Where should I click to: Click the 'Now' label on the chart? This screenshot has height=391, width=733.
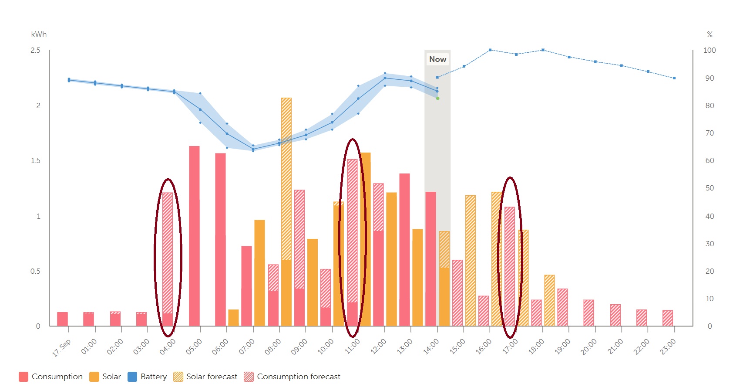click(x=437, y=59)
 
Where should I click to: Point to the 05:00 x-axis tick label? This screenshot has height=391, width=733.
click(x=194, y=347)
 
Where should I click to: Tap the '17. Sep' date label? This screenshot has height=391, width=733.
click(x=61, y=348)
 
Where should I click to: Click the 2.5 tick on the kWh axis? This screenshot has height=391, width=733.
click(x=35, y=51)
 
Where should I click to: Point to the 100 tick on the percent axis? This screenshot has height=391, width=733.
click(x=709, y=51)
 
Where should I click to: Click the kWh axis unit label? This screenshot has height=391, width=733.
click(x=39, y=34)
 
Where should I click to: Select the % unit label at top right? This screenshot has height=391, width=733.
click(x=709, y=34)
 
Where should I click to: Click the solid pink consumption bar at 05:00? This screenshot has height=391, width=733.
click(x=194, y=236)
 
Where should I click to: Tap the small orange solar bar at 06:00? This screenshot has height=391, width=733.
click(x=233, y=318)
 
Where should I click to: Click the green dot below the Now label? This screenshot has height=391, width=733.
click(x=437, y=99)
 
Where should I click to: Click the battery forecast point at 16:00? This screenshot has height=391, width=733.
click(x=490, y=50)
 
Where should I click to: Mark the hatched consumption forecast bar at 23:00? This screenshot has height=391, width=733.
click(x=668, y=318)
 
